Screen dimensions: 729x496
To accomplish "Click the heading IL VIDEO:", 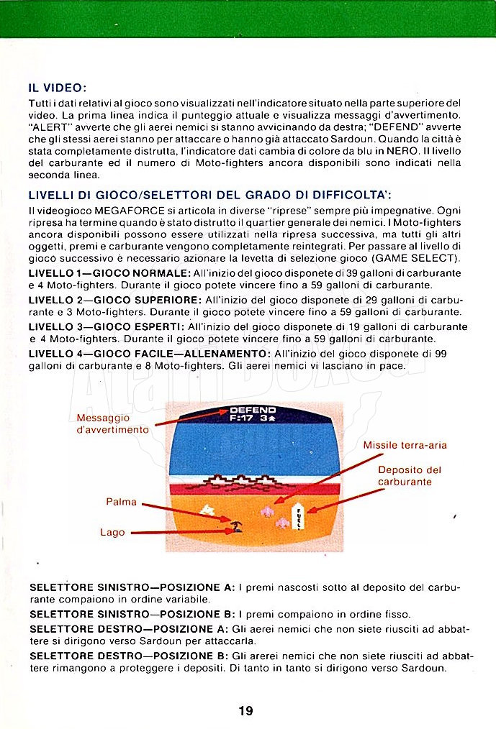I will [58, 88].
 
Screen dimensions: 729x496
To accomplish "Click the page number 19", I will [245, 711].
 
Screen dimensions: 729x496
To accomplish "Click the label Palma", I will [121, 502].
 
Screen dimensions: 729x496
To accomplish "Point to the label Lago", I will [112, 532].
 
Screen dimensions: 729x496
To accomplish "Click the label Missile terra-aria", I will [405, 445].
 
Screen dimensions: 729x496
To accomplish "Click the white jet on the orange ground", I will [209, 510].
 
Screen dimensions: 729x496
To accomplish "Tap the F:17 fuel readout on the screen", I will [241, 417].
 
